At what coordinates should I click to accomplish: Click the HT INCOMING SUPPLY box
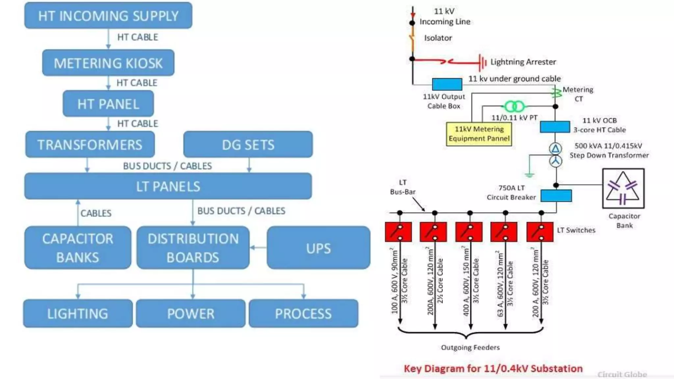[108, 15]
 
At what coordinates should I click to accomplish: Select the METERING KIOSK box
[108, 63]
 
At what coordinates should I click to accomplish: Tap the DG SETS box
[248, 144]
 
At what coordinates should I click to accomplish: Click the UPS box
[318, 248]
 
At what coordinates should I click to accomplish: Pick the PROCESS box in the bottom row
[303, 313]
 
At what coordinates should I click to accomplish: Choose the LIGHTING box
[78, 313]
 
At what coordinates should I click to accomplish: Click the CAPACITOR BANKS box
[78, 247]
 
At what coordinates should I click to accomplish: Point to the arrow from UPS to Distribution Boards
[258, 247]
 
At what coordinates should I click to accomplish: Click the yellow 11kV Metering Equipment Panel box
[479, 134]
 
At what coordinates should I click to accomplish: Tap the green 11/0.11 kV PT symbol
[514, 106]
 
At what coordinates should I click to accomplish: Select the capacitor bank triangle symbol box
[623, 189]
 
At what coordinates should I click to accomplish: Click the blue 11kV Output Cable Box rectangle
[447, 84]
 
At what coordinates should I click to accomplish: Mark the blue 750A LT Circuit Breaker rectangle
[556, 196]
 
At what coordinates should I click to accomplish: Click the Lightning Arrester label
[523, 62]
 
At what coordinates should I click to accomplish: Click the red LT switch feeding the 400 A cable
[469, 232]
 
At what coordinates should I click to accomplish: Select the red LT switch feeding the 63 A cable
[504, 232]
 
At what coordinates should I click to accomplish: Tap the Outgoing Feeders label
[470, 347]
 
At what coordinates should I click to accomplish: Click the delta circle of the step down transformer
[556, 149]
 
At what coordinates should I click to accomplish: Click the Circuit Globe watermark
[622, 374]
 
